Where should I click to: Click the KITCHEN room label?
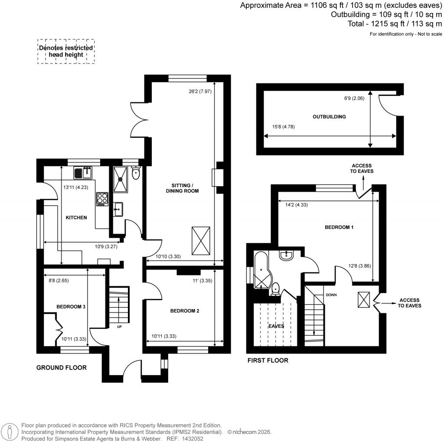pos(77,218)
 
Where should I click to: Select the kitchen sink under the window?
pos(84,173)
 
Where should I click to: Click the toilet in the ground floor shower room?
pos(136,174)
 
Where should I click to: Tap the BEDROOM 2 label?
pos(185,311)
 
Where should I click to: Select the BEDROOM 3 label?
pos(71,307)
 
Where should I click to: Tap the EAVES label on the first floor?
pos(276,326)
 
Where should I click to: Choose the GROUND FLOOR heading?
pos(61,367)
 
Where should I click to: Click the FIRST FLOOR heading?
pos(268,360)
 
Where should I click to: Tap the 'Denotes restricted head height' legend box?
pos(66,51)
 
